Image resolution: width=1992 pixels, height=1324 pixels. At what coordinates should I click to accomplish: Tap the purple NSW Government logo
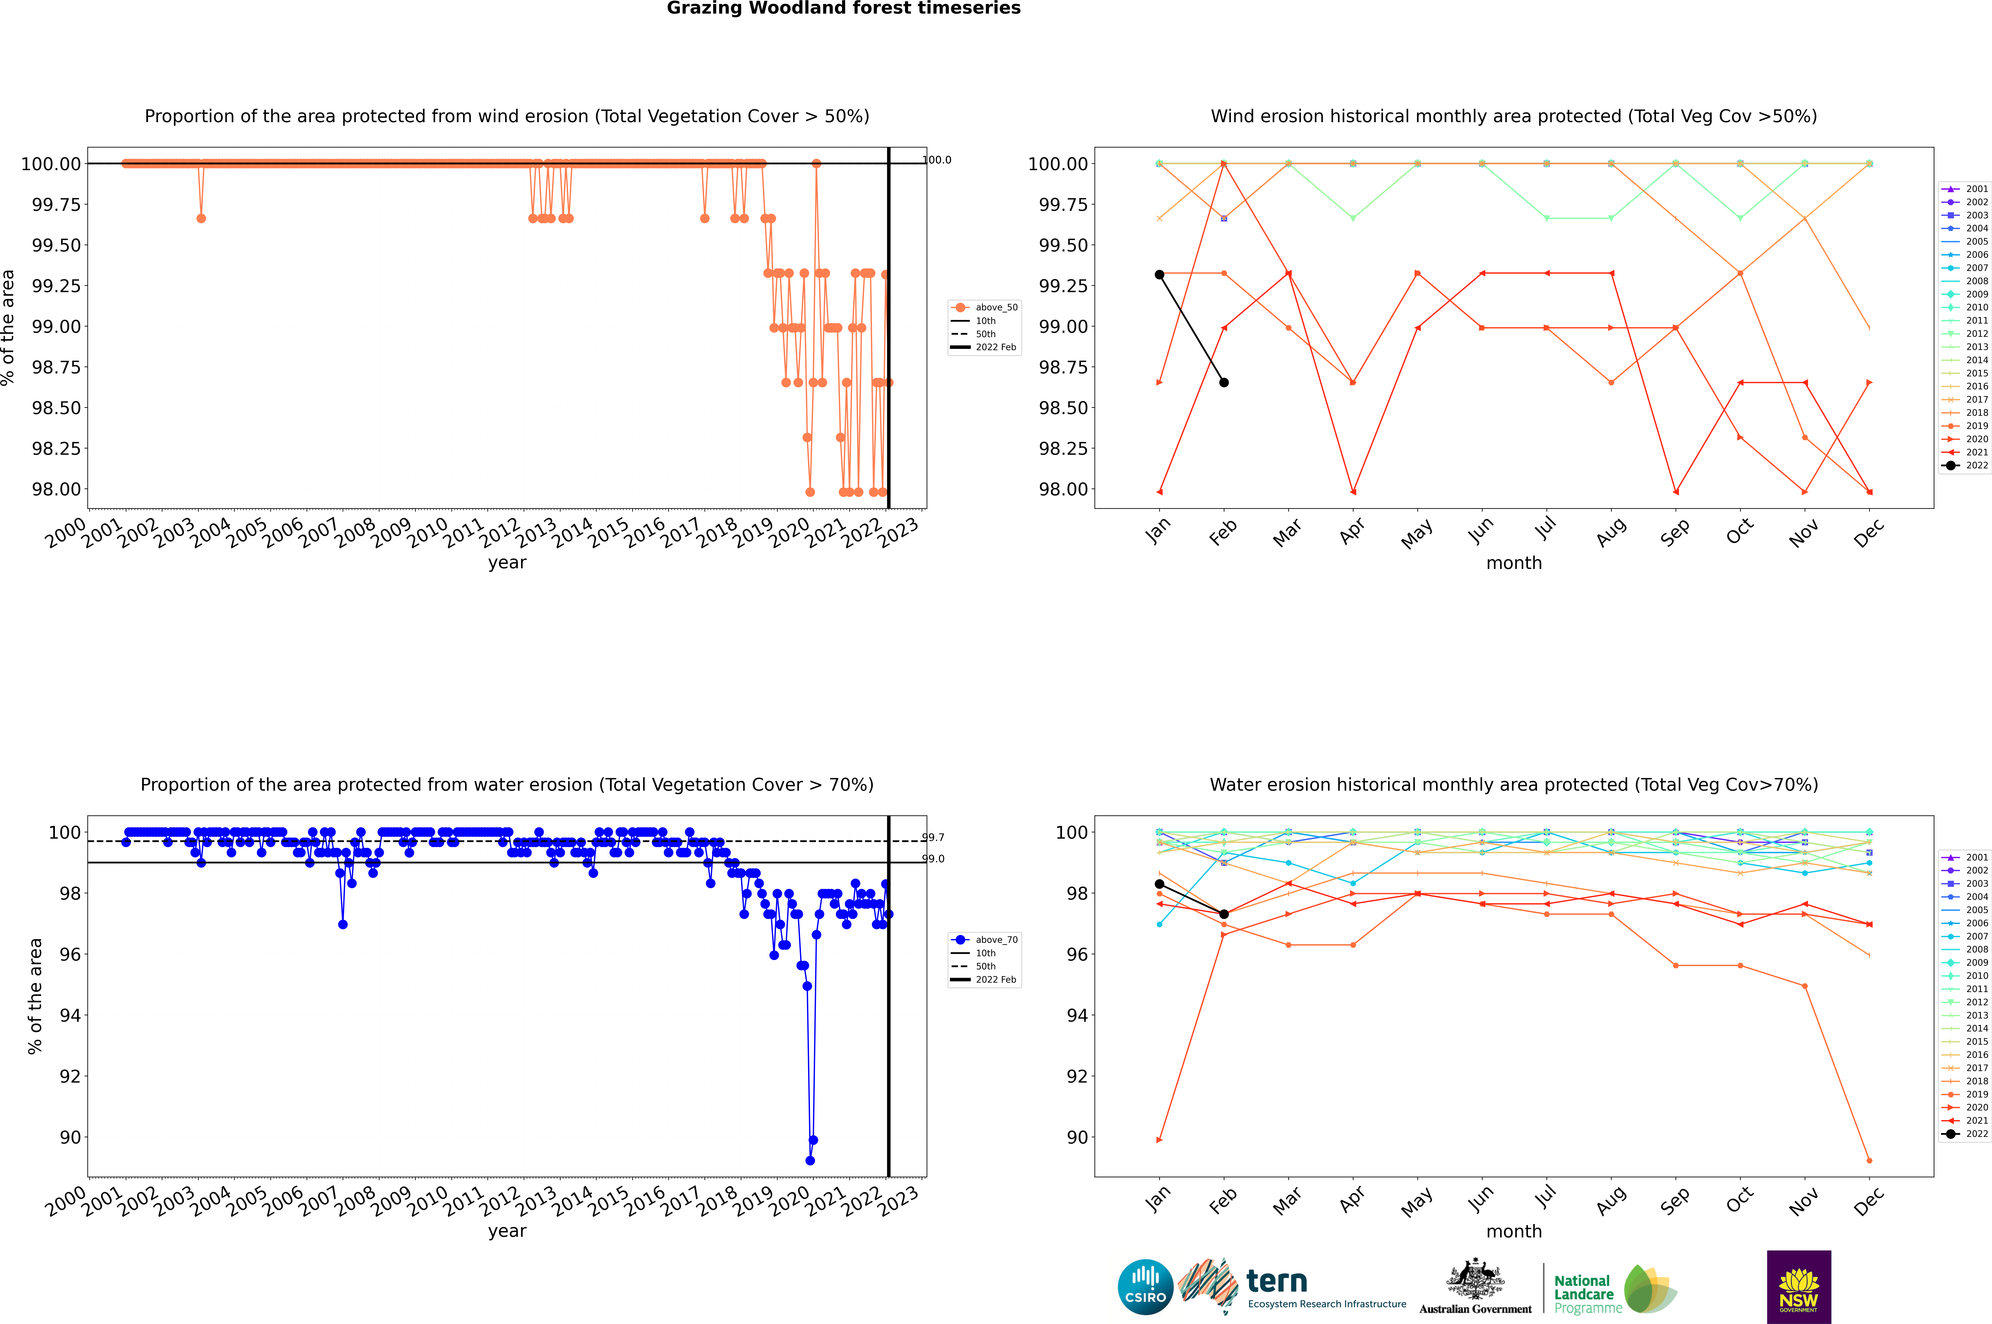(x=1799, y=1287)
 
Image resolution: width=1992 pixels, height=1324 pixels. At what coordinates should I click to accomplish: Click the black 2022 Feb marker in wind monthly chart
(x=1224, y=382)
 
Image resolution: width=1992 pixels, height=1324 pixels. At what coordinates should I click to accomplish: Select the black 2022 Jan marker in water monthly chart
(x=1159, y=884)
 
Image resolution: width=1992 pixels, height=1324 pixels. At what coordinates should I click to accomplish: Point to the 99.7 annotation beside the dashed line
(x=933, y=838)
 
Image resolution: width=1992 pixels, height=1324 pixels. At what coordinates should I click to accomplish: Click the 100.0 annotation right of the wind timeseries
(x=936, y=160)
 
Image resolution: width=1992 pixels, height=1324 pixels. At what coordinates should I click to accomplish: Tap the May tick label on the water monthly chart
(x=1417, y=1202)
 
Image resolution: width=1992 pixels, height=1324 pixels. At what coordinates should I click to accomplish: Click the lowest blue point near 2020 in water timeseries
(x=810, y=1160)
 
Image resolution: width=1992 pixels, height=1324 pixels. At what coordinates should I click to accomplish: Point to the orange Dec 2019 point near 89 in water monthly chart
(x=1869, y=1160)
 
